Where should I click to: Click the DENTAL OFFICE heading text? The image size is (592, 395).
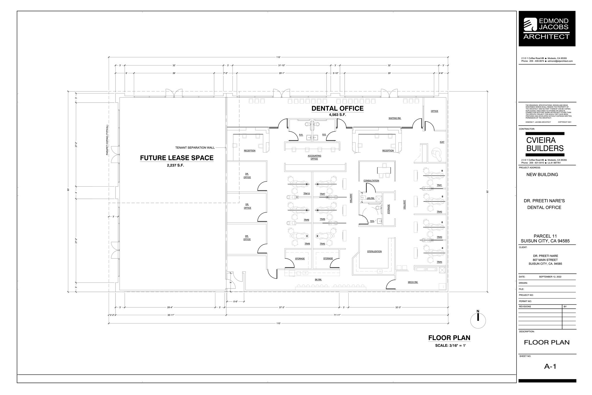click(337, 108)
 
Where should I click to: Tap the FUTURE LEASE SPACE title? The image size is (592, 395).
click(177, 158)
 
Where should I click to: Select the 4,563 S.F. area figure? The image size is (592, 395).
click(337, 115)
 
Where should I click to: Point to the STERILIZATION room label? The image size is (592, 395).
click(374, 251)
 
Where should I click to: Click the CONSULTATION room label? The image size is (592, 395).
click(371, 181)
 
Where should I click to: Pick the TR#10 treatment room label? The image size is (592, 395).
click(306, 193)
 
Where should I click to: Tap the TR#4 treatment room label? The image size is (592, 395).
click(439, 262)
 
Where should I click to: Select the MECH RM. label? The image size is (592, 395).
click(413, 282)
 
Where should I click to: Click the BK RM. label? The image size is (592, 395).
click(318, 280)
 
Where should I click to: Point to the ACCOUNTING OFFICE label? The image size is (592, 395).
click(314, 157)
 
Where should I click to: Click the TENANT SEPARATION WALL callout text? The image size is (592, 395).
click(195, 148)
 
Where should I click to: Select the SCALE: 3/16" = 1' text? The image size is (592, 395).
click(450, 346)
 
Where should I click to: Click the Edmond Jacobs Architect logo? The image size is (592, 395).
click(547, 29)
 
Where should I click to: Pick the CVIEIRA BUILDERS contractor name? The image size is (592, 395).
click(545, 144)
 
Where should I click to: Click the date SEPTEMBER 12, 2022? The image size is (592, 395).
click(550, 277)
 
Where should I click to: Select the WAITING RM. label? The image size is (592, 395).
click(395, 118)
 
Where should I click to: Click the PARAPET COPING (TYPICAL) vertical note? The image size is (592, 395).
click(107, 140)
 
